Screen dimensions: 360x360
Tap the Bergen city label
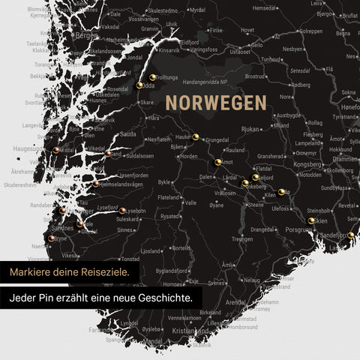coord(87,35)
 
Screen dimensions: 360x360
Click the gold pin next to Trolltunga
coord(151,76)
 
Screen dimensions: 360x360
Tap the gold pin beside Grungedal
coord(196,136)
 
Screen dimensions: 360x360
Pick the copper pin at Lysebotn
coord(122,211)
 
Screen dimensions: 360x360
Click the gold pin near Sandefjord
coord(351,235)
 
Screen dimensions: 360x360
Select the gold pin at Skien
coord(311,220)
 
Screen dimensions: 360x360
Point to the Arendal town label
coord(235,302)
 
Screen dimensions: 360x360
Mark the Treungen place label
coord(242,238)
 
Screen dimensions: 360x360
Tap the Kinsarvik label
coord(169,50)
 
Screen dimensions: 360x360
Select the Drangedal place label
coord(263,229)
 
